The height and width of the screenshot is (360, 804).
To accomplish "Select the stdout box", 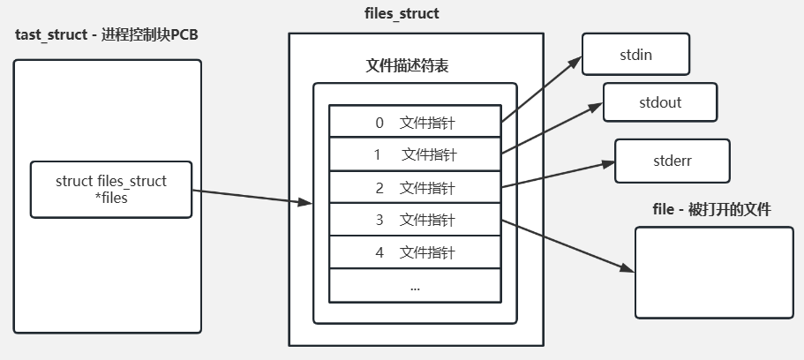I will tap(660, 102).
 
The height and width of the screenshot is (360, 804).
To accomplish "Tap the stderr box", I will tap(673, 160).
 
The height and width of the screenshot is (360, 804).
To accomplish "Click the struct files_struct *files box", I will tap(111, 189).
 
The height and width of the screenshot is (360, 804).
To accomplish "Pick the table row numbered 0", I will tap(415, 122).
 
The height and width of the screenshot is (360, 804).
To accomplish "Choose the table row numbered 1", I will tap(415, 154).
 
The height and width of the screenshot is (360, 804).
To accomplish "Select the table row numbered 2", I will tap(415, 187).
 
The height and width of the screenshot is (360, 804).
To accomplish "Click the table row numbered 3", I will tap(415, 220).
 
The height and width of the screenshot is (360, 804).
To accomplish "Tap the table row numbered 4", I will tap(415, 252).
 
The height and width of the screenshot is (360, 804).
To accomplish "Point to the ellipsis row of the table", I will tap(415, 286).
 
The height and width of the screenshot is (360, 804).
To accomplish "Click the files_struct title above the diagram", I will tap(402, 13).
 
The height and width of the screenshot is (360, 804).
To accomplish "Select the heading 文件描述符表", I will tap(402, 64).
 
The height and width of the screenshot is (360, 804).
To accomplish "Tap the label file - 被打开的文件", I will tap(711, 209).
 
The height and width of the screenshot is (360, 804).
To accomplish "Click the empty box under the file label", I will tap(714, 272).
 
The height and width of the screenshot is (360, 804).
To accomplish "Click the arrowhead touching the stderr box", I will tap(609, 163).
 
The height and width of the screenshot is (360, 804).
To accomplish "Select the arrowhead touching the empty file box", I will tap(628, 271).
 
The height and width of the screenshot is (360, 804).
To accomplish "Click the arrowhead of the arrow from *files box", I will tap(307, 204).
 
